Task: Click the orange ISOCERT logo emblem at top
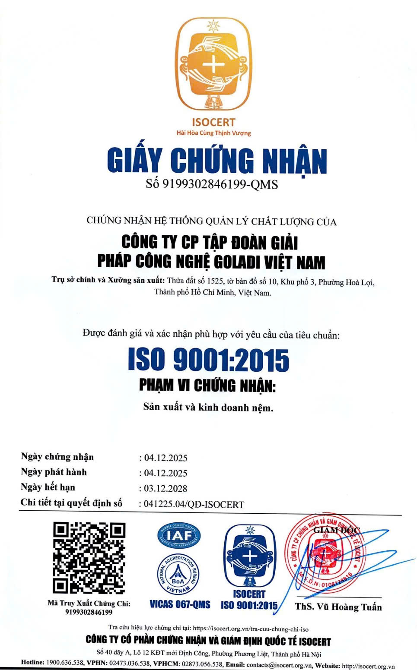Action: [x=213, y=65]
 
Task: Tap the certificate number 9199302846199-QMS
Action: [x=220, y=184]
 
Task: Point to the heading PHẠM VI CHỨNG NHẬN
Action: [x=207, y=385]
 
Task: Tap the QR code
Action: [x=89, y=558]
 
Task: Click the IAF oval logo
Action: [x=179, y=536]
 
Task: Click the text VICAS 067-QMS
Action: [x=180, y=604]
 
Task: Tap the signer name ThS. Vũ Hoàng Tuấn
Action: [x=338, y=607]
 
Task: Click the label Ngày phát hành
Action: [x=54, y=472]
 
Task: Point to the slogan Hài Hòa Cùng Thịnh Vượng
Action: [x=213, y=133]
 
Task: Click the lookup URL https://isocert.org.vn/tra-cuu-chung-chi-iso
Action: [x=251, y=629]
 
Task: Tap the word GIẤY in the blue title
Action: [x=134, y=161]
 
